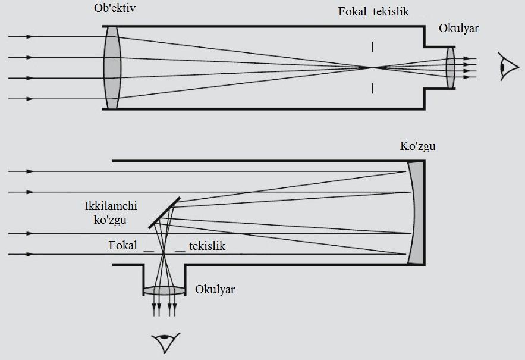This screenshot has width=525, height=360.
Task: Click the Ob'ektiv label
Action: (x=115, y=8)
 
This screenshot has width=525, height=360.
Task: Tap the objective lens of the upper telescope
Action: (x=112, y=67)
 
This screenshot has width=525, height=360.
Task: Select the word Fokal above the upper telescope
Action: (x=352, y=11)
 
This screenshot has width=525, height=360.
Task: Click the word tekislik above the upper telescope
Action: (x=391, y=11)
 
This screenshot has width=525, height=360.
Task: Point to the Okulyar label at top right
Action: (x=458, y=28)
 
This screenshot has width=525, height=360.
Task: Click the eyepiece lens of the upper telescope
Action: (x=451, y=67)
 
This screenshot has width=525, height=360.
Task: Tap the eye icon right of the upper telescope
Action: (x=508, y=67)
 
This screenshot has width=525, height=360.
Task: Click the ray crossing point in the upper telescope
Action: (x=372, y=68)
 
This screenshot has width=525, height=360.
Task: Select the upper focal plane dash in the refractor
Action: (x=372, y=47)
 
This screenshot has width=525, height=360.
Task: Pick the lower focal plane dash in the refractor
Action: (x=372, y=88)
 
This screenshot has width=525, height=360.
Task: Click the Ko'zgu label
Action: (x=418, y=146)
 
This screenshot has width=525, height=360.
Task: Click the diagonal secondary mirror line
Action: (x=164, y=213)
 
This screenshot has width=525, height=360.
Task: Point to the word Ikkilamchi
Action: (x=111, y=206)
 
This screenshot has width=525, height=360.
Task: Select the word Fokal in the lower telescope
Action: (x=123, y=245)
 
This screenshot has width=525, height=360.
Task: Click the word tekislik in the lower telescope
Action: (x=208, y=246)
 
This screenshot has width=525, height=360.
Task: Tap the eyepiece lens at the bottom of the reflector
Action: (x=165, y=290)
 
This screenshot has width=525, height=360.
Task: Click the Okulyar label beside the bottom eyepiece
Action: (x=215, y=289)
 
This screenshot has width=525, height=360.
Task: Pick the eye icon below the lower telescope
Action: (x=165, y=343)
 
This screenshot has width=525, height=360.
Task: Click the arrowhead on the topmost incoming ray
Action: (x=30, y=36)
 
